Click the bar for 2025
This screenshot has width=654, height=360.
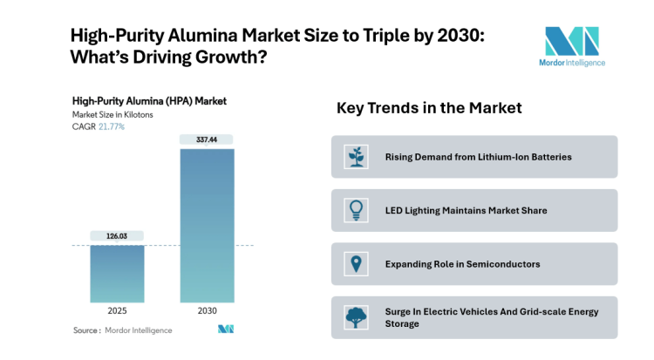pyautogui.click(x=117, y=274)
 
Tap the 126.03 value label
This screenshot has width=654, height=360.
pyautogui.click(x=117, y=236)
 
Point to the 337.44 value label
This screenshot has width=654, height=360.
pyautogui.click(x=207, y=139)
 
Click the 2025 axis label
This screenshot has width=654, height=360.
pyautogui.click(x=117, y=311)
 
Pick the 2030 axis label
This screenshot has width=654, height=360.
pyautogui.click(x=207, y=311)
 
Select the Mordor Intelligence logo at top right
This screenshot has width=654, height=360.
pyautogui.click(x=572, y=44)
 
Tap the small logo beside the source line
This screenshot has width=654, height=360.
pyautogui.click(x=226, y=329)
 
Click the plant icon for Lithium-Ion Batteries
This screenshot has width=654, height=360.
pyautogui.click(x=356, y=157)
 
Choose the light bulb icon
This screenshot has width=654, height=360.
pyautogui.click(x=356, y=210)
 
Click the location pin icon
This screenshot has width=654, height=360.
pyautogui.click(x=356, y=264)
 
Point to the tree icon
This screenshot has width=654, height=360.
pyautogui.click(x=356, y=317)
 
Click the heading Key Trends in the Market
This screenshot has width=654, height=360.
pyautogui.click(x=429, y=108)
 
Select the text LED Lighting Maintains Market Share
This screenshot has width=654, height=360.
pyautogui.click(x=466, y=210)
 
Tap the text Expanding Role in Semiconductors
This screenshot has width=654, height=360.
pyautogui.click(x=462, y=264)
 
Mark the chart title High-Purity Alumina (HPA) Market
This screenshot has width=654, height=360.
pyautogui.click(x=149, y=100)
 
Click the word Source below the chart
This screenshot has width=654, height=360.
pyautogui.click(x=85, y=330)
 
